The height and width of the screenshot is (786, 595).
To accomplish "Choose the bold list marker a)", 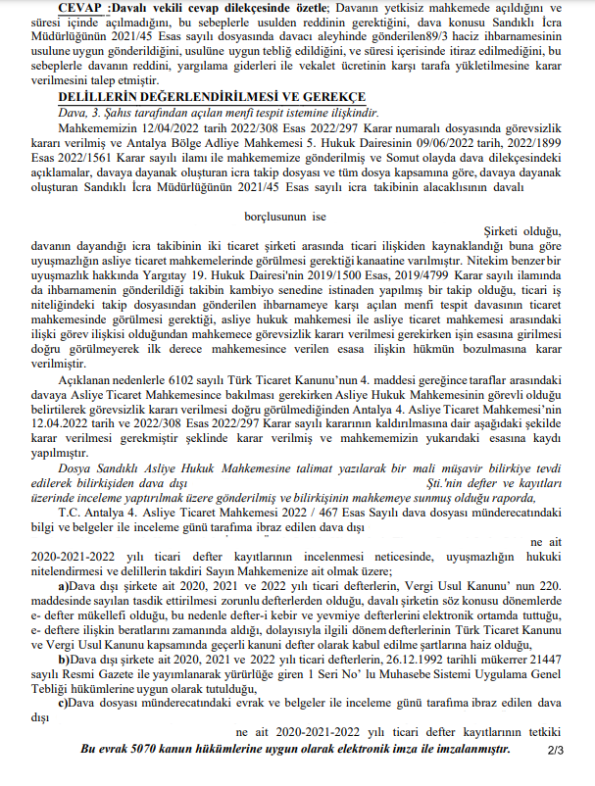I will pyautogui.click(x=62, y=585).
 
